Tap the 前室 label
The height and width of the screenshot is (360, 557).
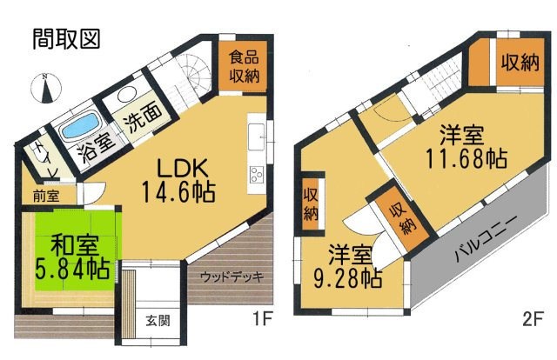(46, 197)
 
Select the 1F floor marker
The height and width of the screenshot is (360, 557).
(263, 319)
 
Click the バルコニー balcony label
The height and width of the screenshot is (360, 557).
(487, 243)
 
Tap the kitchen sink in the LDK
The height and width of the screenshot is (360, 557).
(258, 136)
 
